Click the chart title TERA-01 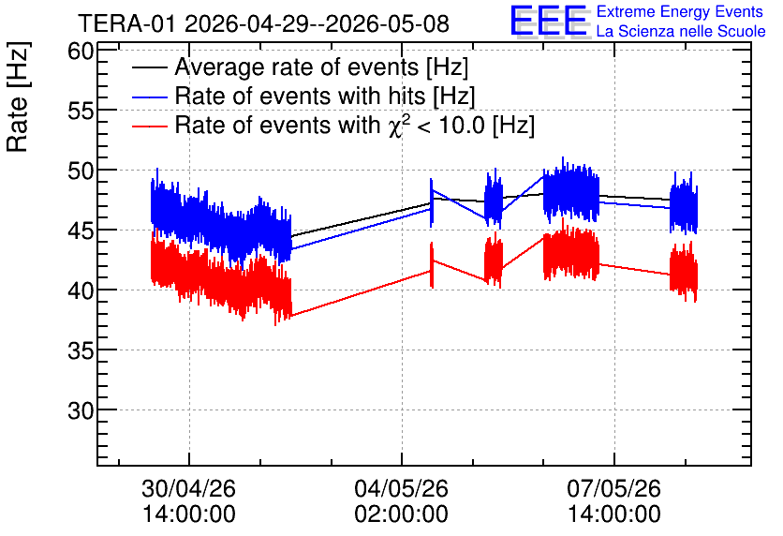(126, 23)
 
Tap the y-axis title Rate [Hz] (18, 97)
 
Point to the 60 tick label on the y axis (81, 51)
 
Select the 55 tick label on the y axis (81, 111)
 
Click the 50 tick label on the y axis (81, 171)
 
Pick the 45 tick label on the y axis (81, 231)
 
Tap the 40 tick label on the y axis (81, 290)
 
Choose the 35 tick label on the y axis (81, 350)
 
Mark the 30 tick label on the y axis (81, 410)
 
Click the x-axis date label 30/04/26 (189, 488)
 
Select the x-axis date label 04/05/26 (402, 488)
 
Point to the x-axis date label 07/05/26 (613, 488)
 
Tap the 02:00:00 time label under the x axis (402, 514)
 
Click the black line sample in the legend (149, 67)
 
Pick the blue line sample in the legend (149, 97)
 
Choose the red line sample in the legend (149, 126)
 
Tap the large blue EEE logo (549, 22)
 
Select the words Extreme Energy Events (680, 11)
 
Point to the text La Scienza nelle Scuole (681, 31)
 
